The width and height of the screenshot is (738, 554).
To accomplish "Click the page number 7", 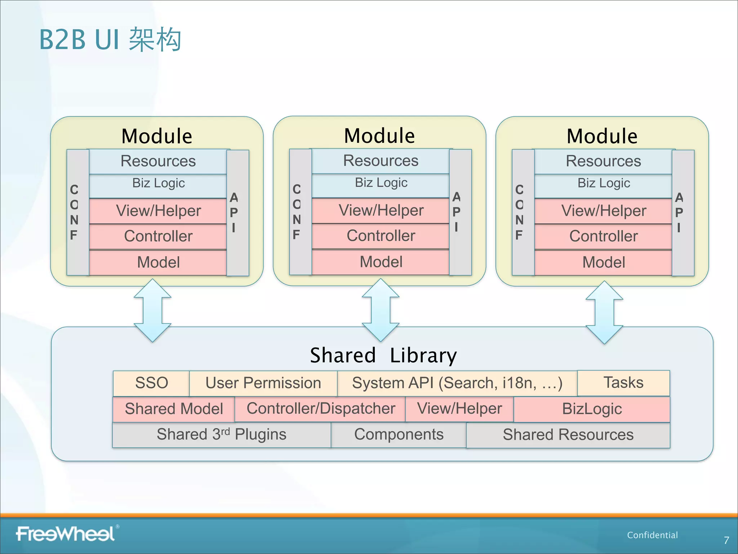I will click(x=726, y=540).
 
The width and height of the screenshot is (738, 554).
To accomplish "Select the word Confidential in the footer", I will click(x=652, y=535).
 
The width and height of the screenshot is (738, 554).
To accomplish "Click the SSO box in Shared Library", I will click(x=151, y=383).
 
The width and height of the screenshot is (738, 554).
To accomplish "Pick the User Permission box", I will click(x=263, y=383).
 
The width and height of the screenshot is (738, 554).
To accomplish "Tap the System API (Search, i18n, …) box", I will click(x=457, y=383).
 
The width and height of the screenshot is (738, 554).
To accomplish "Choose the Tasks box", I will click(x=623, y=383).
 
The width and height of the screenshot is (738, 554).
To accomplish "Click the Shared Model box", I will click(x=174, y=409).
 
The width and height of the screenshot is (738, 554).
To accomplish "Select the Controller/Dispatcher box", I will click(x=320, y=409).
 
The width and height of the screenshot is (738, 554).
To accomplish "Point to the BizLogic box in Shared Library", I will click(x=592, y=409).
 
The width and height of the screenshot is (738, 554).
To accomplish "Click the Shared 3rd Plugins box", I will click(x=221, y=435).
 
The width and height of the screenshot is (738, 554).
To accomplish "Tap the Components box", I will click(x=399, y=435).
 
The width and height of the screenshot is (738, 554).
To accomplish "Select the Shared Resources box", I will click(x=568, y=435).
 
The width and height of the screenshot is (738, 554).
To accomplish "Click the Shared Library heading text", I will click(x=383, y=355).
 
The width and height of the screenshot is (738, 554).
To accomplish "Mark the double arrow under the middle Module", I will click(x=381, y=310).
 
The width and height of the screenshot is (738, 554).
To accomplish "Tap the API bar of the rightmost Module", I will click(x=683, y=213).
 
